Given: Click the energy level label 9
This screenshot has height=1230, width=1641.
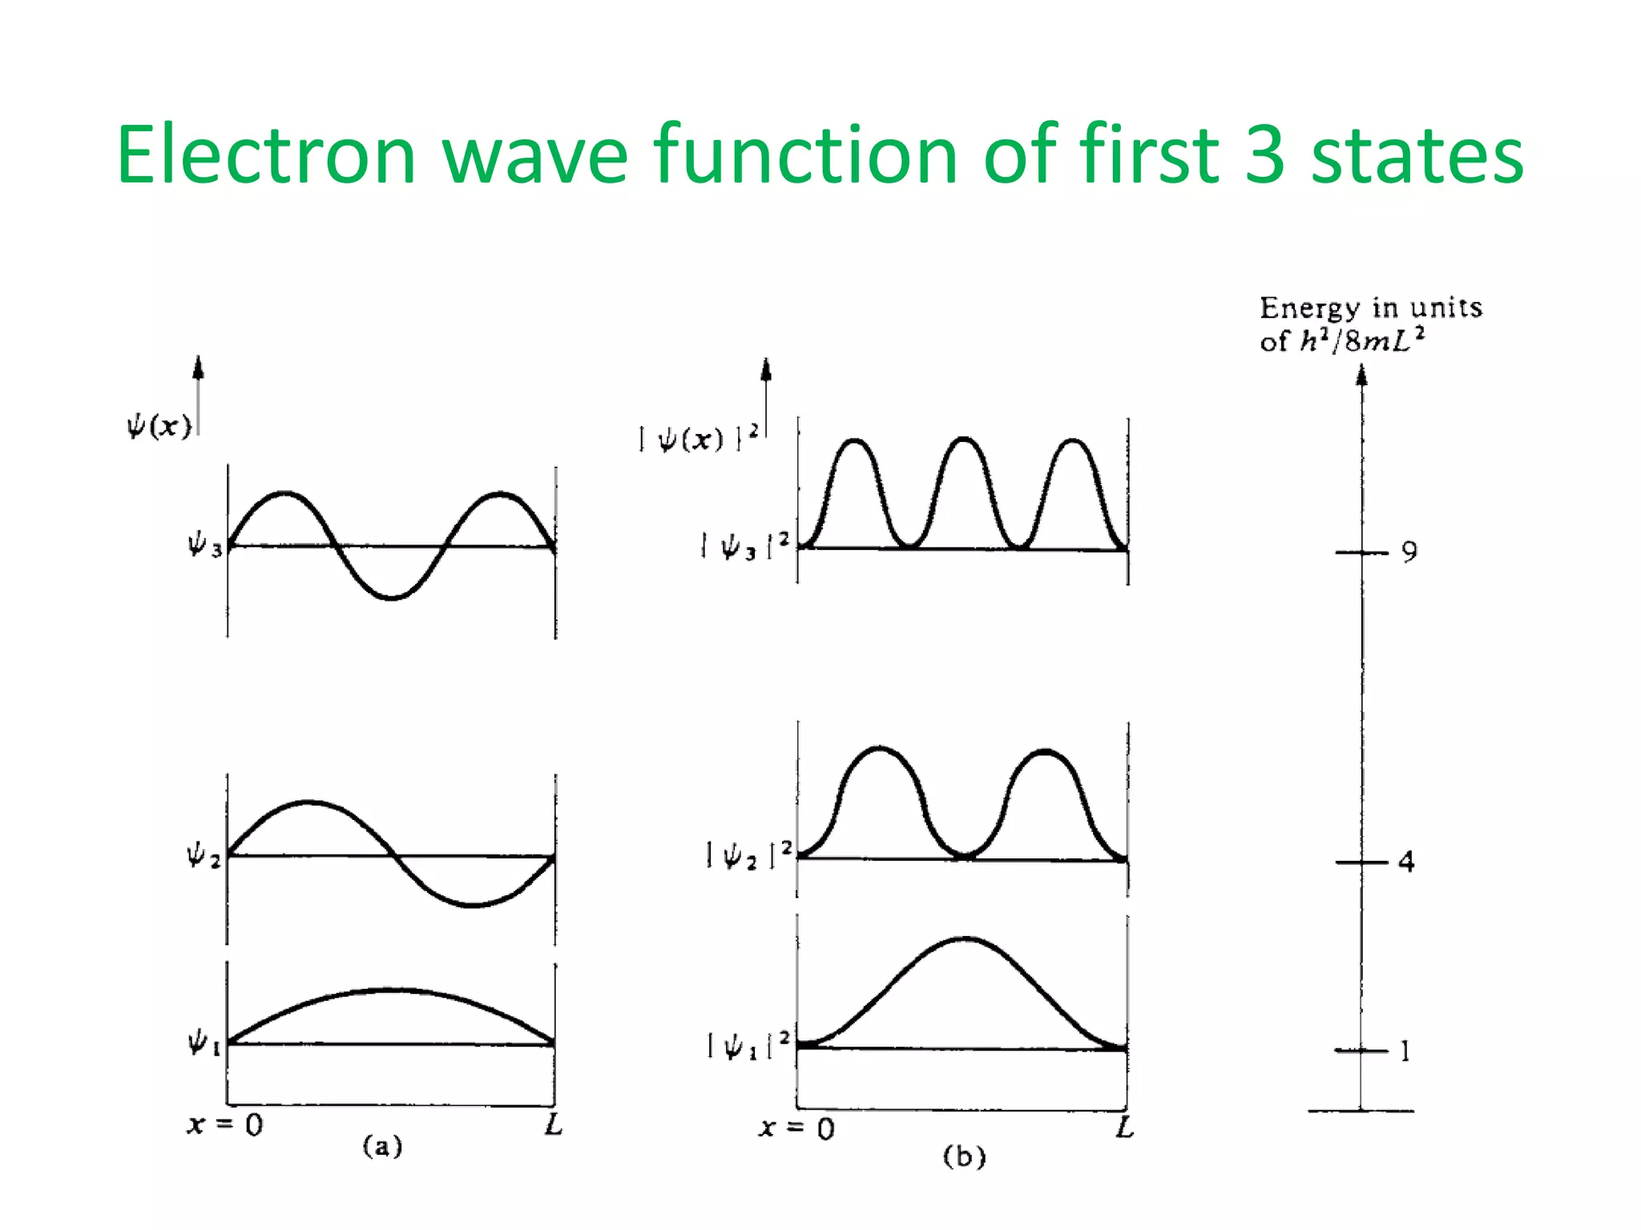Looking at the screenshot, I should [x=1409, y=552].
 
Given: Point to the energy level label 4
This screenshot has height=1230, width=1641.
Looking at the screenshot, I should [x=1406, y=862].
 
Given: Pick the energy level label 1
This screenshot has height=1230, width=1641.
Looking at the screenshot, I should [x=1405, y=1051].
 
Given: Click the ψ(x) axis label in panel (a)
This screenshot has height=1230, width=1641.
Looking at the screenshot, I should [x=159, y=425].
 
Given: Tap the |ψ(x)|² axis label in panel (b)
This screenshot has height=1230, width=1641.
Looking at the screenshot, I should [x=698, y=438].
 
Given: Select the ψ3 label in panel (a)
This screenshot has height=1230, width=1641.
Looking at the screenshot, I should [x=204, y=546].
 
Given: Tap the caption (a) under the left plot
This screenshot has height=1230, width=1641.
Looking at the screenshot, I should [x=382, y=1146].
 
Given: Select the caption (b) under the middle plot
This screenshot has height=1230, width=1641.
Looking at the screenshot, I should [x=964, y=1156].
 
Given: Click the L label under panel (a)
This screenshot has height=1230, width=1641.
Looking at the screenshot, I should [x=554, y=1125].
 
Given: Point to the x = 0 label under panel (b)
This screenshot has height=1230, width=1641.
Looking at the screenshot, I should [x=796, y=1128].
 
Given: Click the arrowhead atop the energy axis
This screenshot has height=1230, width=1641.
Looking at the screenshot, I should [x=1361, y=375].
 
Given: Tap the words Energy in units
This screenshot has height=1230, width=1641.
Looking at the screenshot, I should [x=1370, y=307].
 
